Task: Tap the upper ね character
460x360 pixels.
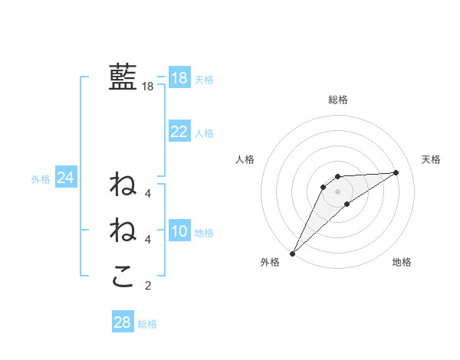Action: [x=123, y=185]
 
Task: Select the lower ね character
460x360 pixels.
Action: [x=123, y=230]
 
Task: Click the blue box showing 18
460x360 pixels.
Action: [x=179, y=78]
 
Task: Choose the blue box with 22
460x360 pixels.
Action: [x=179, y=132]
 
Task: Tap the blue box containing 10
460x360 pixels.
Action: [x=179, y=231]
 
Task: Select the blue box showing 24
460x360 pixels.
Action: [x=65, y=178]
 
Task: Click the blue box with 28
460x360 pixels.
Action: [x=122, y=322]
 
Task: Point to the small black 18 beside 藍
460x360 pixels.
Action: [x=147, y=87]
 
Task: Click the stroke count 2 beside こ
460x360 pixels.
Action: [x=148, y=286]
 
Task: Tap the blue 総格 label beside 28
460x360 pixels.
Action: [x=147, y=324]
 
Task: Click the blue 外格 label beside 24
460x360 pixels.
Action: [x=41, y=179]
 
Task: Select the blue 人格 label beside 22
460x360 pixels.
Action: [x=204, y=133]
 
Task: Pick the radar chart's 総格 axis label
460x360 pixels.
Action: [x=337, y=100]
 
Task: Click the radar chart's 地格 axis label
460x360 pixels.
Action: [x=402, y=263]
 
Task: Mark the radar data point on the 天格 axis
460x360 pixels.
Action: [x=396, y=172]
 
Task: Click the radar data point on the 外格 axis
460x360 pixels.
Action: [x=292, y=254]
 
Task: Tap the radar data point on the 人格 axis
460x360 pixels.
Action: [x=324, y=187]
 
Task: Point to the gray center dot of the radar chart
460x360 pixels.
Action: [x=337, y=191]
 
